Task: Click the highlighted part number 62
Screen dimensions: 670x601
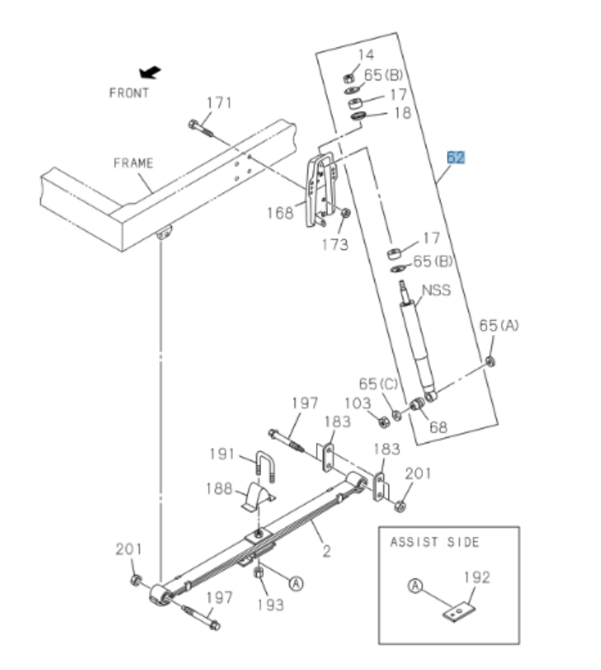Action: click(x=455, y=158)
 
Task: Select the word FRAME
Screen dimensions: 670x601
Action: click(x=133, y=163)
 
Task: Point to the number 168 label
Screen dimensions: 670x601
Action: click(x=279, y=212)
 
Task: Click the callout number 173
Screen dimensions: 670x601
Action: click(x=336, y=245)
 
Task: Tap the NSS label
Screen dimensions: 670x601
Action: click(x=436, y=290)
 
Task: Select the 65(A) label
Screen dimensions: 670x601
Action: click(x=499, y=326)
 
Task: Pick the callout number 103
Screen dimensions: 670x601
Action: click(x=358, y=403)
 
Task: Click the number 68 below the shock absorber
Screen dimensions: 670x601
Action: click(x=438, y=425)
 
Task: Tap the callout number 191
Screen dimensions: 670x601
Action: click(x=222, y=453)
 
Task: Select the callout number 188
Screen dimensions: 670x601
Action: click(x=219, y=488)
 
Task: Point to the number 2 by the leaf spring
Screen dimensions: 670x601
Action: click(x=326, y=551)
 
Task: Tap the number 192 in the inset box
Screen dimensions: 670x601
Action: click(x=477, y=577)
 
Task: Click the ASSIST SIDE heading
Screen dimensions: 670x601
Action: click(x=435, y=541)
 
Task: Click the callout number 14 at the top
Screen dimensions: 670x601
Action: click(x=366, y=56)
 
